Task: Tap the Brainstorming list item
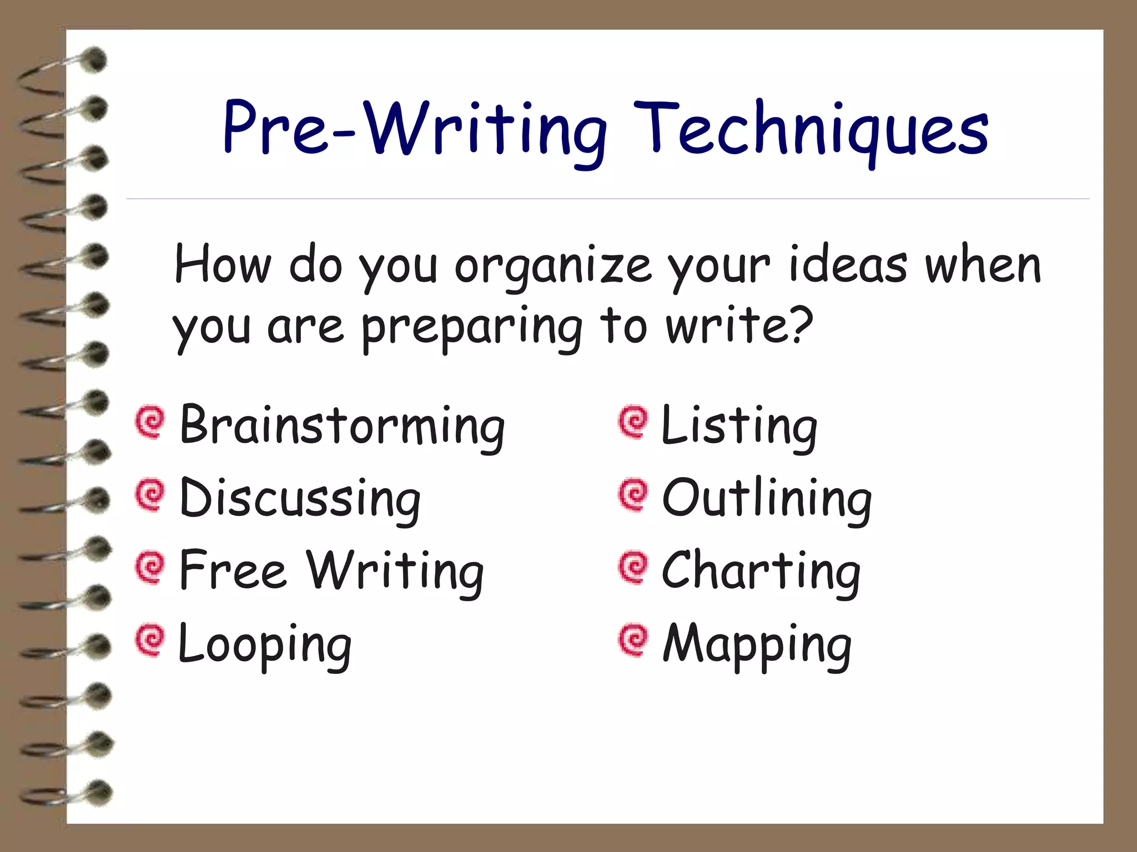[342, 425]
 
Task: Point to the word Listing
[739, 425]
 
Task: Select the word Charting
[761, 571]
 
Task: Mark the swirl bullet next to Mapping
[633, 640]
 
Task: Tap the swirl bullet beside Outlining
[633, 495]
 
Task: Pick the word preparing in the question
[472, 328]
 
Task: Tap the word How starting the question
[223, 265]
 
